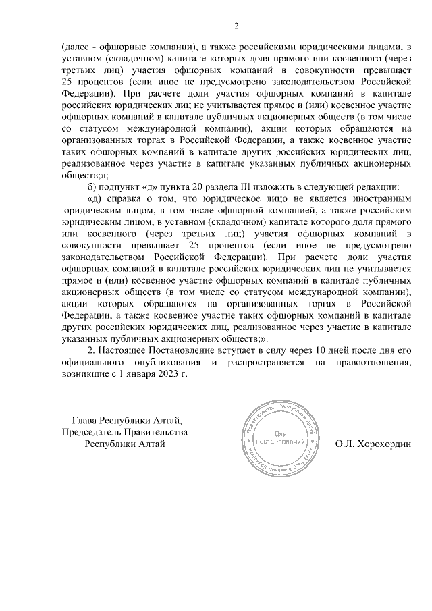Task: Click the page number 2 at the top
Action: click(x=236, y=26)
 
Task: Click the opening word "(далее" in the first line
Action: click(x=76, y=46)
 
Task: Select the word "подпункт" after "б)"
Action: click(x=120, y=186)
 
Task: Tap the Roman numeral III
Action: click(x=247, y=186)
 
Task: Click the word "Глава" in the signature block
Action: click(x=85, y=419)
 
